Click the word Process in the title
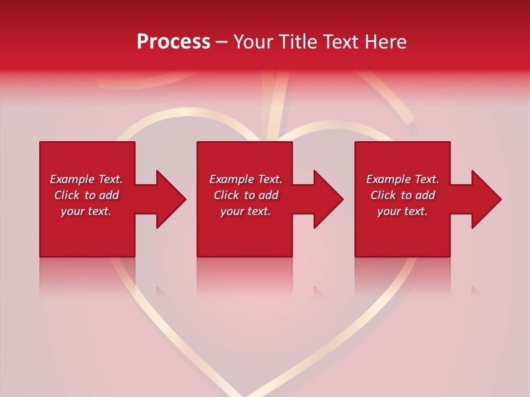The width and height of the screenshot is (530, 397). [173, 41]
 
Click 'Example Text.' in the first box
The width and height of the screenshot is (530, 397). [86, 179]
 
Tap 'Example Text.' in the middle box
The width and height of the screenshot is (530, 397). [246, 179]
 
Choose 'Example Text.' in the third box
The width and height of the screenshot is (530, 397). [402, 179]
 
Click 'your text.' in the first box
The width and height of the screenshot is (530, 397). [86, 211]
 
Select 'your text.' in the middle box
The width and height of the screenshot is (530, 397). [246, 211]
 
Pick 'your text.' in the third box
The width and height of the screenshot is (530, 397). [402, 211]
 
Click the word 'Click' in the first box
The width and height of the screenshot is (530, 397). [66, 195]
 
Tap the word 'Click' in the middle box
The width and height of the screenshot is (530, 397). [226, 195]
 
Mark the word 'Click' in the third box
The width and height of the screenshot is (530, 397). [383, 195]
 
